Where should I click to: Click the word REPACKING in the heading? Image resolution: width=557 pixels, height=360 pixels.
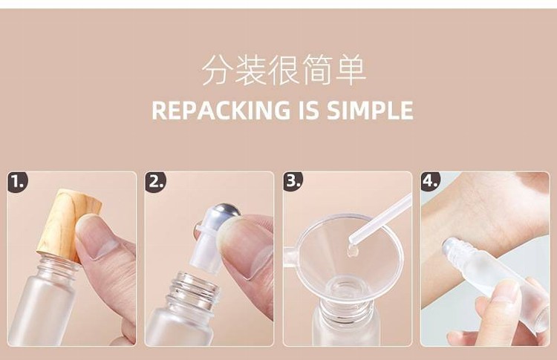[221, 110]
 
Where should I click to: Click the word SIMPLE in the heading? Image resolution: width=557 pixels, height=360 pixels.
[369, 110]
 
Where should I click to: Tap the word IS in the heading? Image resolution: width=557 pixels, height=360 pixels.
[307, 110]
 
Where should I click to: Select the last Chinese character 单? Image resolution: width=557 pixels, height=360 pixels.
[351, 70]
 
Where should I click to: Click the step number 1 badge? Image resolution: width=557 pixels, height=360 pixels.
[17, 182]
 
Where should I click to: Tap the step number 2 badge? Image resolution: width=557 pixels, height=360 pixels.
[155, 182]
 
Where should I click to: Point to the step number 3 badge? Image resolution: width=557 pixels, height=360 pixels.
[293, 181]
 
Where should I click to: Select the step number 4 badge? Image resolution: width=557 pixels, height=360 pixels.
[431, 181]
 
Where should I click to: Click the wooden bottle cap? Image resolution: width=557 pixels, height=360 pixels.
[69, 224]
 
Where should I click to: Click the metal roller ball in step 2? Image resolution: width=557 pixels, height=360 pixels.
[227, 212]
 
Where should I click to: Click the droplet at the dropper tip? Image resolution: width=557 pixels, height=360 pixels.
[352, 251]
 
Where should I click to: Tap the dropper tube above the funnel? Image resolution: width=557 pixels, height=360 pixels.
[380, 217]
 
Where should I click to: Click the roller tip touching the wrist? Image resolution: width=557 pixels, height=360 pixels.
[450, 247]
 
